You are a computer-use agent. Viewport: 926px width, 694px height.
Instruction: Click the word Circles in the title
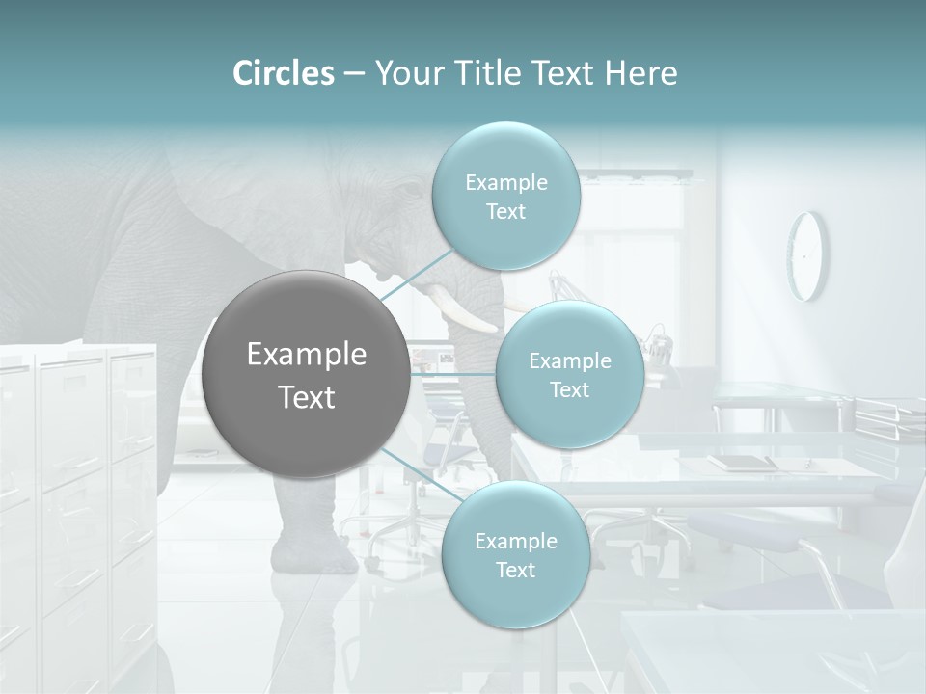284,73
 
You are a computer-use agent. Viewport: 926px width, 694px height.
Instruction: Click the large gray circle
306,375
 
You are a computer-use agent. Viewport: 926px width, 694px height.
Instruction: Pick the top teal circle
505,196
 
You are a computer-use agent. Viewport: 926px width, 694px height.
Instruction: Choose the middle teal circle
569,375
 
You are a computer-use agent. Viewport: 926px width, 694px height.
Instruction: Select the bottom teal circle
515,555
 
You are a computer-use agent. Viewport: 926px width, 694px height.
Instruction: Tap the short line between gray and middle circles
453,374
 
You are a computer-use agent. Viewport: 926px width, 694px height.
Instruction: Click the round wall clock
807,255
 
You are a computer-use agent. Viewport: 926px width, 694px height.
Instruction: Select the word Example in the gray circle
306,355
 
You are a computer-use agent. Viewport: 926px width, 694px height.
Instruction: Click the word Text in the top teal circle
505,212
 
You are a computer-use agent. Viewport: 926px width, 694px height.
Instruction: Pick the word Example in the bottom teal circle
515,541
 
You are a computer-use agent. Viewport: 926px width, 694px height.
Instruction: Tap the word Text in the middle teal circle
569,390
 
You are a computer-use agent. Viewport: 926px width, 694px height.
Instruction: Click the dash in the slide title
354,74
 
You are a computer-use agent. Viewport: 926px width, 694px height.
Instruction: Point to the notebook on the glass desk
742,462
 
